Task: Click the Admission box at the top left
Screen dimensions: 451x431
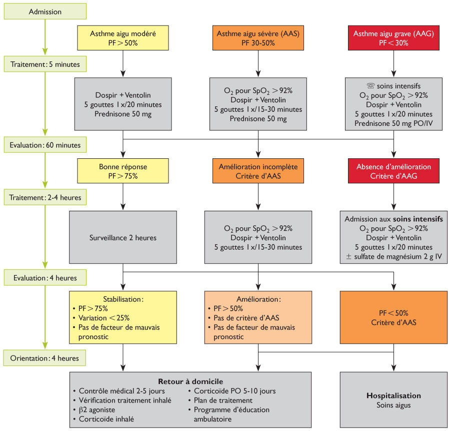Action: (x=45, y=11)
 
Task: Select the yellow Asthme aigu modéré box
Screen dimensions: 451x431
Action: (x=123, y=38)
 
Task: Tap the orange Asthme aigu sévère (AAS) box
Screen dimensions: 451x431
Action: (x=258, y=38)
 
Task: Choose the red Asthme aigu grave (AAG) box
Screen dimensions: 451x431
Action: (x=393, y=38)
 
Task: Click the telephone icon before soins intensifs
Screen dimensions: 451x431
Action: (x=370, y=85)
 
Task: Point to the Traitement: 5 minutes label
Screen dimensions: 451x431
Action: (x=45, y=64)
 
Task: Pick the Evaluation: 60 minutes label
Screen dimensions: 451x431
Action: (x=45, y=145)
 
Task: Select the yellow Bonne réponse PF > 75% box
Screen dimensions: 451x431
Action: (x=123, y=171)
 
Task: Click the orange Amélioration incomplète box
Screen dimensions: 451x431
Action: (x=258, y=171)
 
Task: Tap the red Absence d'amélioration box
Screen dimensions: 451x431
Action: (x=393, y=171)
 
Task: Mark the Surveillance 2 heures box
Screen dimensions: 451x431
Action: (x=123, y=237)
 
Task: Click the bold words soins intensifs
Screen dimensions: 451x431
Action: (x=418, y=219)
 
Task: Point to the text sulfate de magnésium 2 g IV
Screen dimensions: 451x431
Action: (x=398, y=257)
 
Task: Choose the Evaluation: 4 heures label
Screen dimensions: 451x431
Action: (x=45, y=278)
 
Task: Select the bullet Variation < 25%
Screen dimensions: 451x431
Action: (x=104, y=318)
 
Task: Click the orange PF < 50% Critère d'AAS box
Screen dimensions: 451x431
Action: (x=393, y=318)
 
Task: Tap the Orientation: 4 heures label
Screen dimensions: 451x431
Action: (x=44, y=358)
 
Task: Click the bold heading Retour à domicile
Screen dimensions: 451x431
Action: (x=190, y=381)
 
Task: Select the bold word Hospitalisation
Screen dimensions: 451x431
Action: (x=393, y=396)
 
